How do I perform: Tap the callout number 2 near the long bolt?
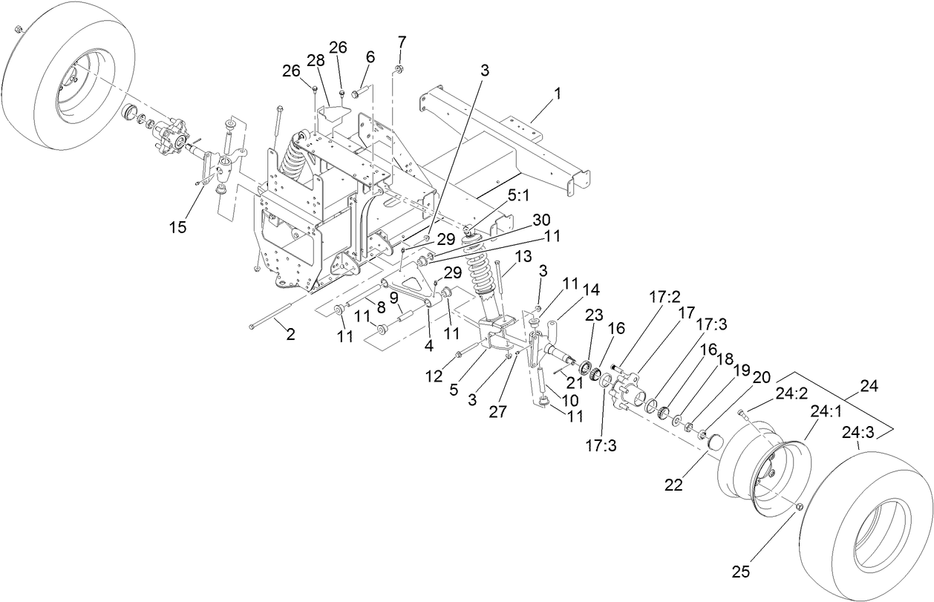click(290, 335)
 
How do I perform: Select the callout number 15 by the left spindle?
click(178, 227)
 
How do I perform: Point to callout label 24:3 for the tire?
click(857, 432)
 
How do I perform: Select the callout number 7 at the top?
click(402, 39)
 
